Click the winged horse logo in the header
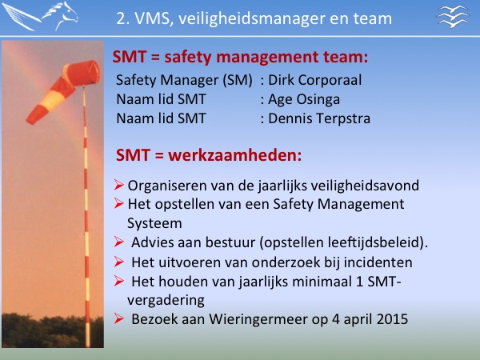(40, 16)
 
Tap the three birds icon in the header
(453, 17)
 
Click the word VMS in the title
(152, 18)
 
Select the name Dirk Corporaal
(314, 80)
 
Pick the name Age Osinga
(304, 99)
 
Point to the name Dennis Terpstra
(319, 118)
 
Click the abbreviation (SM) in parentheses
(238, 80)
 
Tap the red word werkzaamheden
(234, 155)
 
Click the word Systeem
(154, 223)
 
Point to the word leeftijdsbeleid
(374, 242)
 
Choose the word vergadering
(166, 300)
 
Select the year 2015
(393, 319)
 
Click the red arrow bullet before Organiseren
(118, 185)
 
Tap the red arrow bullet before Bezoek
(118, 318)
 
